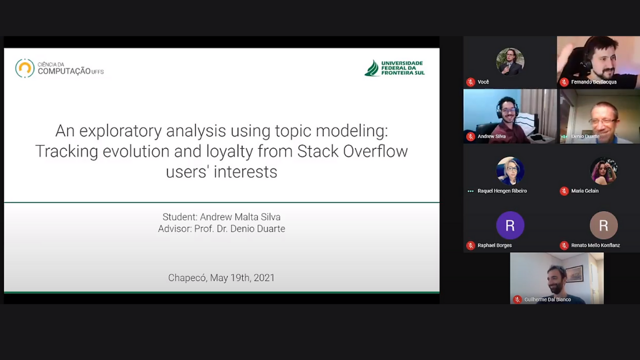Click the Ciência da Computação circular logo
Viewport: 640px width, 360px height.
[x=25, y=68]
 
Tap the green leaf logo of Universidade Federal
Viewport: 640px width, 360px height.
[x=372, y=68]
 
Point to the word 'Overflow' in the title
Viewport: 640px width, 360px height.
[x=375, y=151]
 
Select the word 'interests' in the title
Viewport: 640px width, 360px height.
[x=245, y=172]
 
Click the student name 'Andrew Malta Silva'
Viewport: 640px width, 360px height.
[x=240, y=217]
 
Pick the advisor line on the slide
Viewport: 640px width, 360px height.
[x=221, y=229]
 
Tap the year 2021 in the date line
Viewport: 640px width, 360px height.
[x=264, y=278]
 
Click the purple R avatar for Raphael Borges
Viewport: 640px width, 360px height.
[x=510, y=225]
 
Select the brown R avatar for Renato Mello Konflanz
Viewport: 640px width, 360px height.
[x=603, y=225]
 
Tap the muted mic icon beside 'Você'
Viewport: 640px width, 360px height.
[x=470, y=82]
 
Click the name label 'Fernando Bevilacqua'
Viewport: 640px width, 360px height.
[x=594, y=82]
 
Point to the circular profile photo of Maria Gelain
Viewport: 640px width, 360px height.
[x=603, y=171]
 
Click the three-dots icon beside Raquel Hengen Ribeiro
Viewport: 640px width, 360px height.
[x=470, y=191]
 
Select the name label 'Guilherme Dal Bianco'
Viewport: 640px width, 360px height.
[x=547, y=299]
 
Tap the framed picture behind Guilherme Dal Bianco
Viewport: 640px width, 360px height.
[x=574, y=274]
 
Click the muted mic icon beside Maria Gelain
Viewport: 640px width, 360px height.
[x=564, y=191]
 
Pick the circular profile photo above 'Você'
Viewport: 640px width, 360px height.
[x=510, y=62]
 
